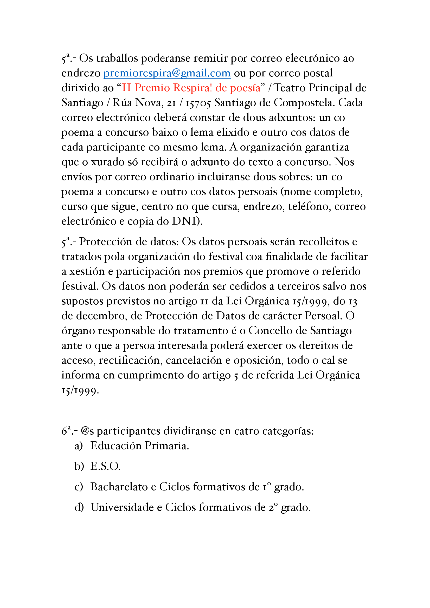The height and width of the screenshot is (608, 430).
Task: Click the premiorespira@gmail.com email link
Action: click(167, 73)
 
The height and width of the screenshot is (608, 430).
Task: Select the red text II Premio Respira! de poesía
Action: click(191, 88)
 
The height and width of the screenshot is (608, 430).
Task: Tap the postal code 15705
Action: click(198, 103)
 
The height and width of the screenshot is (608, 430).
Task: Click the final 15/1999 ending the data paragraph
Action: click(80, 391)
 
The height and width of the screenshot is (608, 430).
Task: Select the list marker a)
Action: click(78, 446)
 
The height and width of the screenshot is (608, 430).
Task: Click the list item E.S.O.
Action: click(105, 466)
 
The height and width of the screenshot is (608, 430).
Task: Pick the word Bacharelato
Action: click(119, 487)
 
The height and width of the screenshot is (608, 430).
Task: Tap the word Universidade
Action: click(122, 507)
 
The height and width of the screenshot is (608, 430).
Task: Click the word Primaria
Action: click(167, 446)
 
